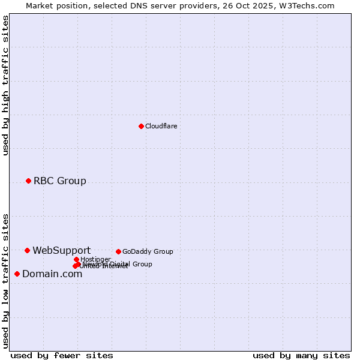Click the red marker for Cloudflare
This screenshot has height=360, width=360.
click(141, 126)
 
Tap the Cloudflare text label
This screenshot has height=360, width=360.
click(161, 126)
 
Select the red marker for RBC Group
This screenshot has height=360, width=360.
click(28, 181)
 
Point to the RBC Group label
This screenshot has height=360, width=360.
click(59, 181)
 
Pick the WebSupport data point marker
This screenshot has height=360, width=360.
click(27, 250)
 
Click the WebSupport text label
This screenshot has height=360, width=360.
click(61, 250)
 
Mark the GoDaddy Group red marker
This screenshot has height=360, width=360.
click(118, 251)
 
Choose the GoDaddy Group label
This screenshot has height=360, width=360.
click(148, 251)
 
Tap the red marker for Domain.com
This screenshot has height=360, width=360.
click(17, 274)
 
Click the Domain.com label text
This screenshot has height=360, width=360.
click(52, 274)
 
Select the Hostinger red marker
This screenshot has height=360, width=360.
click(76, 259)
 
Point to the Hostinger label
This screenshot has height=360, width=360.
click(95, 259)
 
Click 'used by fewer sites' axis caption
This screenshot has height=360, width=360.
click(62, 355)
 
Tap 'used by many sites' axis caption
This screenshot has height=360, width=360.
click(301, 355)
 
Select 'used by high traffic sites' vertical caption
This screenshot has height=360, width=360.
click(5, 85)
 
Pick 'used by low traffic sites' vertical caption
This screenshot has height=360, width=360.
click(5, 281)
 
